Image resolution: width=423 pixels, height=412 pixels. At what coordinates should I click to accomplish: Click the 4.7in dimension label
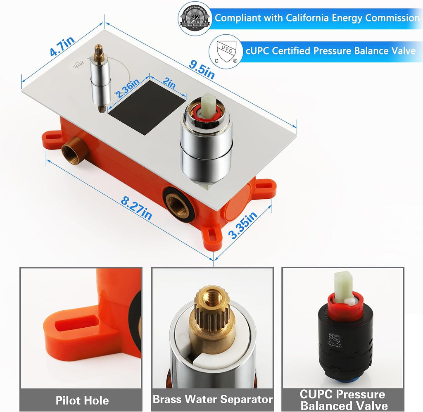[x=62, y=46]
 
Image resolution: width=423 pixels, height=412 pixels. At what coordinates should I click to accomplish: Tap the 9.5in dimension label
[x=202, y=70]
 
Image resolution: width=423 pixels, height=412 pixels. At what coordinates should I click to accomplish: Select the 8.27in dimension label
[x=136, y=208]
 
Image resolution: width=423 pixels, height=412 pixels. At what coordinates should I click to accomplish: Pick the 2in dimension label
[x=169, y=82]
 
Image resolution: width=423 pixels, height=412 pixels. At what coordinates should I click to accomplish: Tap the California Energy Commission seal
[x=195, y=18]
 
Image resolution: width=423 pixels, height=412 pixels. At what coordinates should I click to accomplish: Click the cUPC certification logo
[x=226, y=51]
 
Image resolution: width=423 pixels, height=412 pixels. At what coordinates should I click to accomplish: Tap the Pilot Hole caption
[x=82, y=400]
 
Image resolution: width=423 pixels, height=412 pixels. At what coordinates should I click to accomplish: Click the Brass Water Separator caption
[x=213, y=399]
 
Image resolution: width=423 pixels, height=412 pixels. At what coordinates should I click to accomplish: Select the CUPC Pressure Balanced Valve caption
[x=342, y=400]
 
